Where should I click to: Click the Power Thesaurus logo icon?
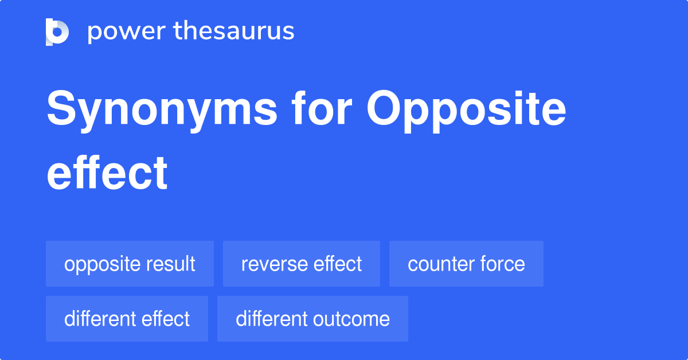tap(57, 32)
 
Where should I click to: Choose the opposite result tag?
tap(130, 264)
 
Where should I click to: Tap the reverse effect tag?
tap(302, 264)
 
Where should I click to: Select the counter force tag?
tap(466, 264)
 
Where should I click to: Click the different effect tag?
tap(127, 319)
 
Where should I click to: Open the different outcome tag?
tap(312, 319)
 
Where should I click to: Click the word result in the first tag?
tap(170, 264)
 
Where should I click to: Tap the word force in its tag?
tap(503, 264)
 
